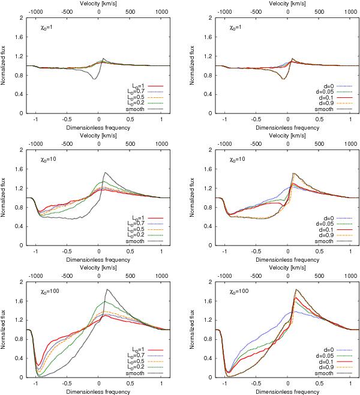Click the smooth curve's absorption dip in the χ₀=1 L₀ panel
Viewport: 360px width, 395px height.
(94, 79)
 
